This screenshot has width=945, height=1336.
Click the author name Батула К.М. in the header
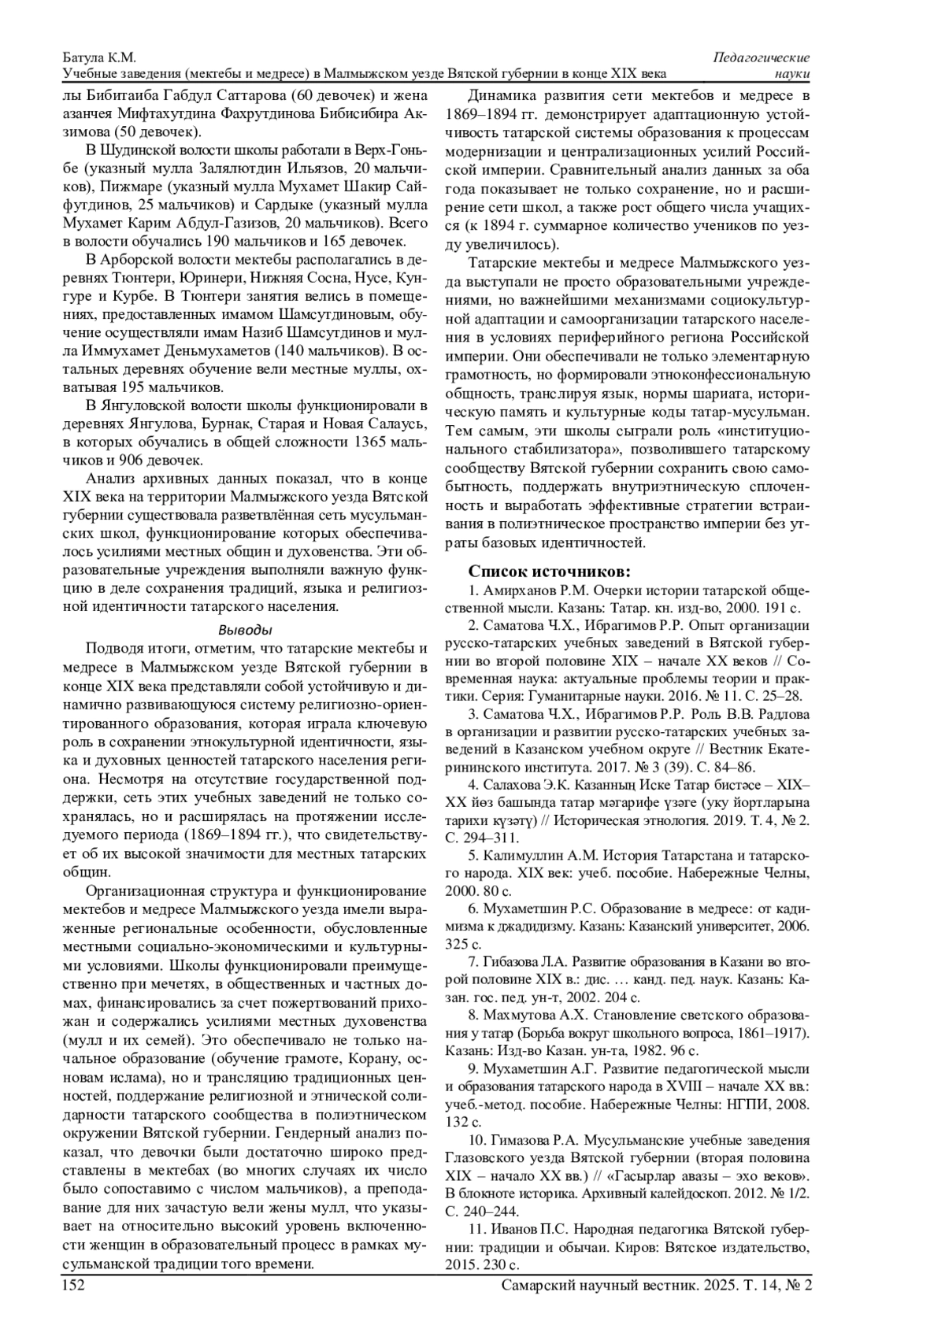point(99,58)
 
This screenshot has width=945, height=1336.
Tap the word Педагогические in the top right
point(762,58)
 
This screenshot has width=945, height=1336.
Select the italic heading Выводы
point(245,631)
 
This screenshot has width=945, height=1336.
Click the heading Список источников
point(549,571)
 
